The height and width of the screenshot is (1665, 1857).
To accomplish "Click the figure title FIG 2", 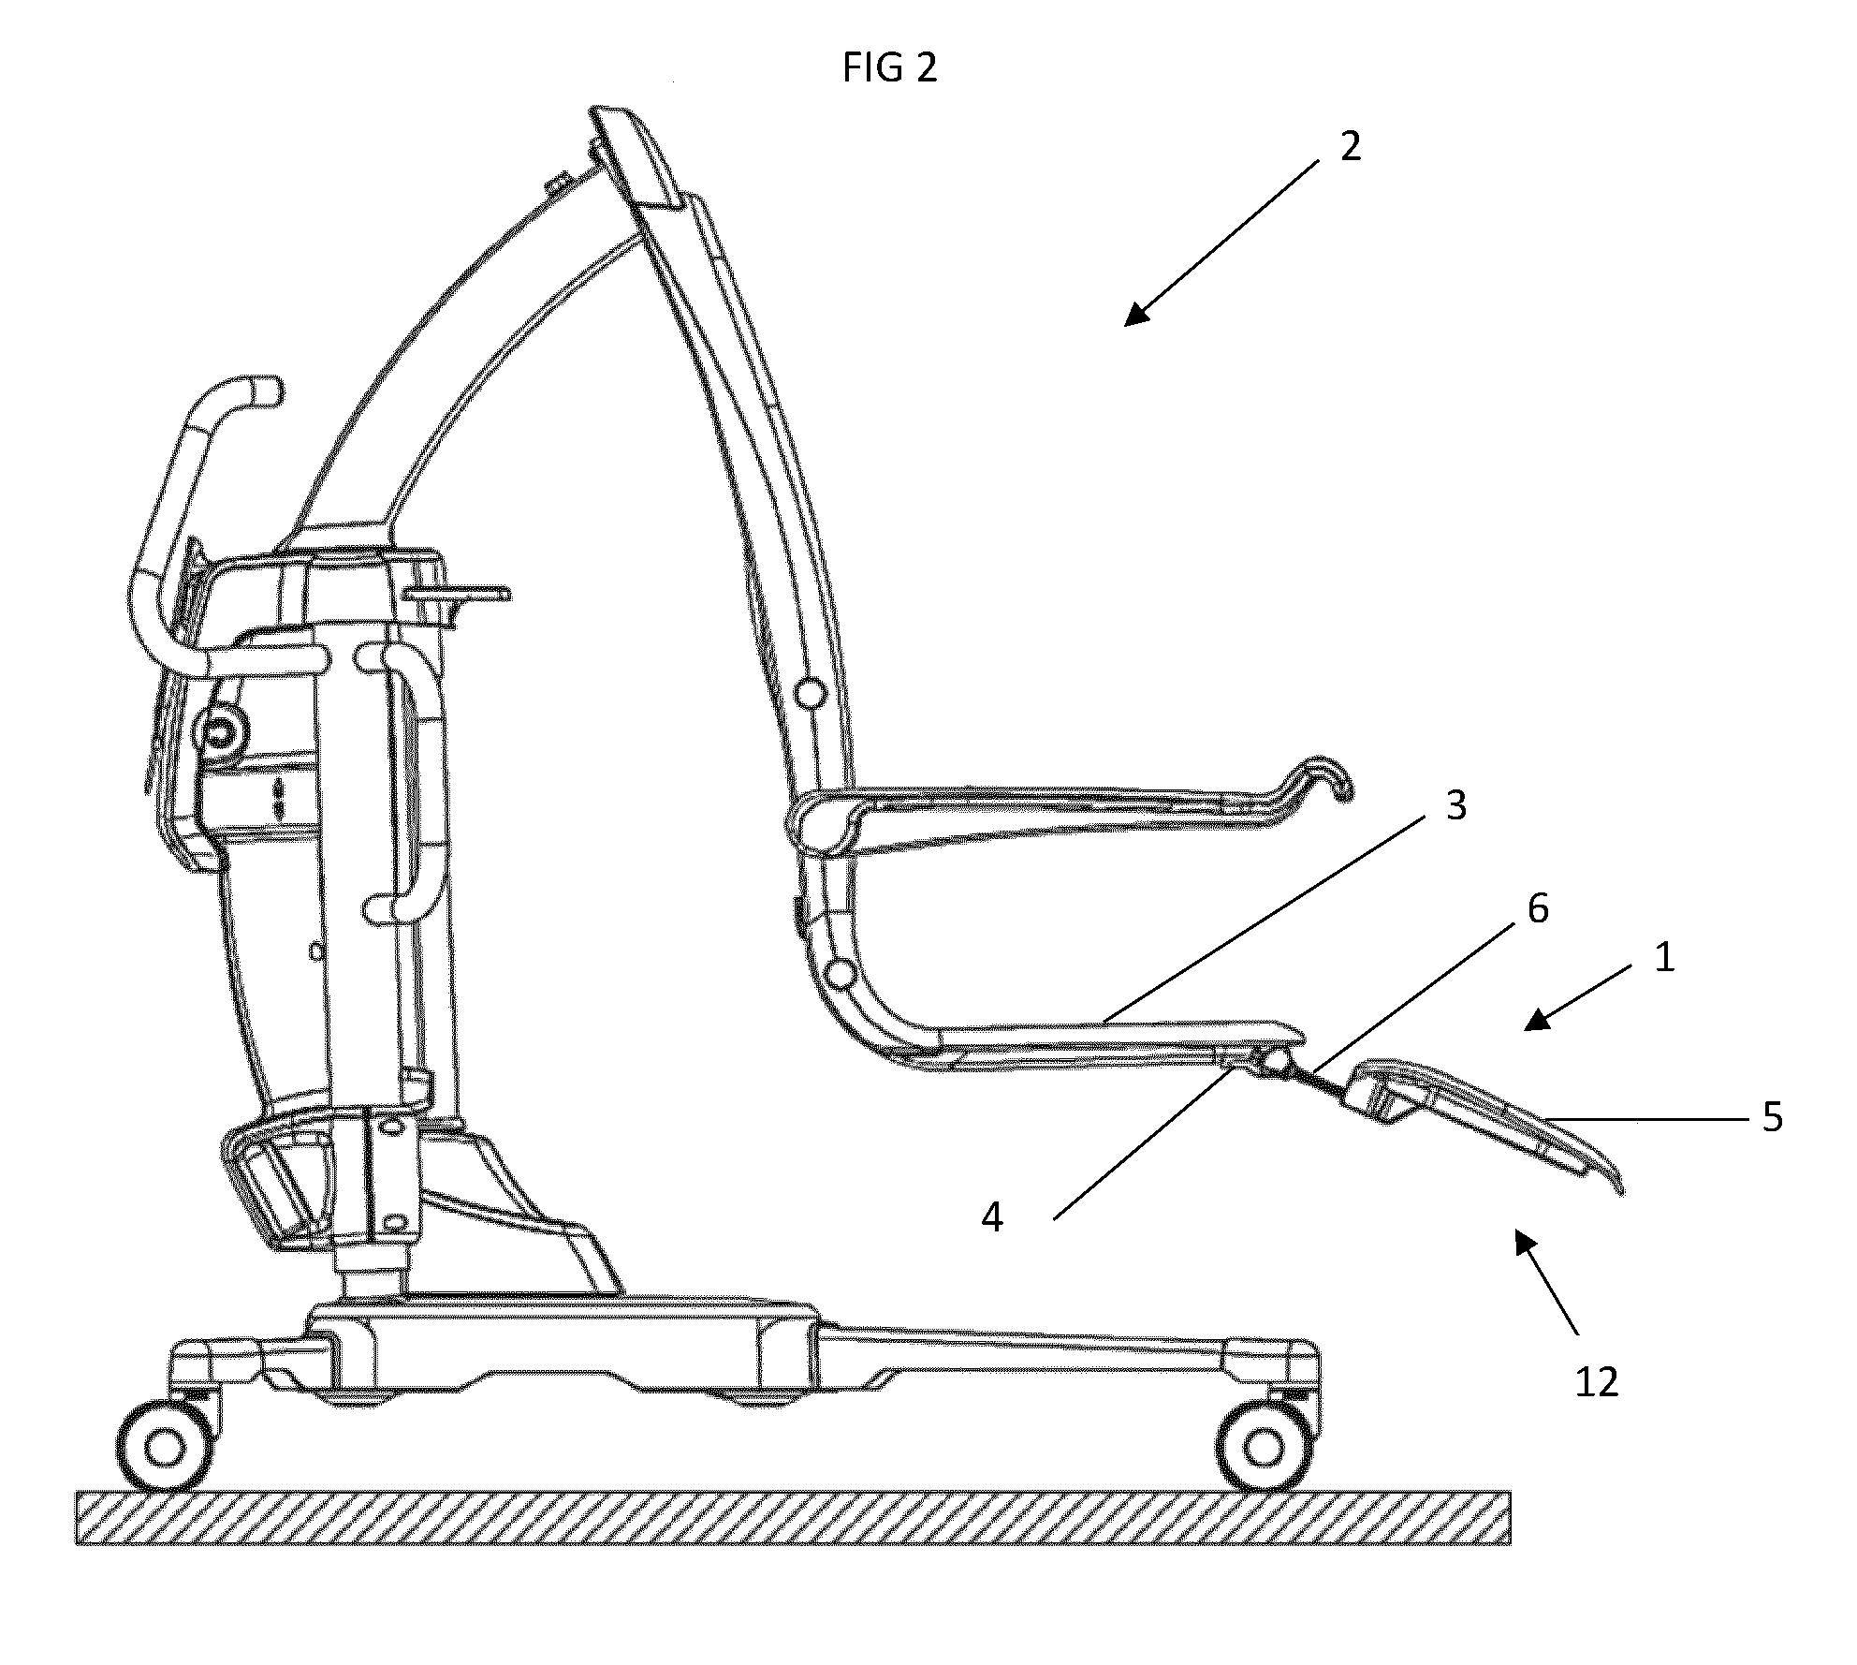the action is [889, 68].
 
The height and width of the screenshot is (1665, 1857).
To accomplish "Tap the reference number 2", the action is [1350, 147].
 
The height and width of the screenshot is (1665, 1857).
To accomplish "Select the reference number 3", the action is [1455, 806].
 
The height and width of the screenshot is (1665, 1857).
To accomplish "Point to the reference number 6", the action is [1538, 908].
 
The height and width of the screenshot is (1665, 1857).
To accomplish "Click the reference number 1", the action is [1663, 958].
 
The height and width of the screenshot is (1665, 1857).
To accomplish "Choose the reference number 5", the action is [1773, 1118].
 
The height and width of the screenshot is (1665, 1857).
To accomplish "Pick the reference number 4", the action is [992, 1218].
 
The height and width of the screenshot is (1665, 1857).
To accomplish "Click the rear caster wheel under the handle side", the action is [166, 1448].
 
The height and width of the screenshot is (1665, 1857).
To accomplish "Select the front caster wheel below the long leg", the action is [1263, 1448].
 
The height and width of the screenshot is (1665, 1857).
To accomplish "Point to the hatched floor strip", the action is [793, 1518].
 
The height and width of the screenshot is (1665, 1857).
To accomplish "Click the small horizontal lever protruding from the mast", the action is [459, 593].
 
